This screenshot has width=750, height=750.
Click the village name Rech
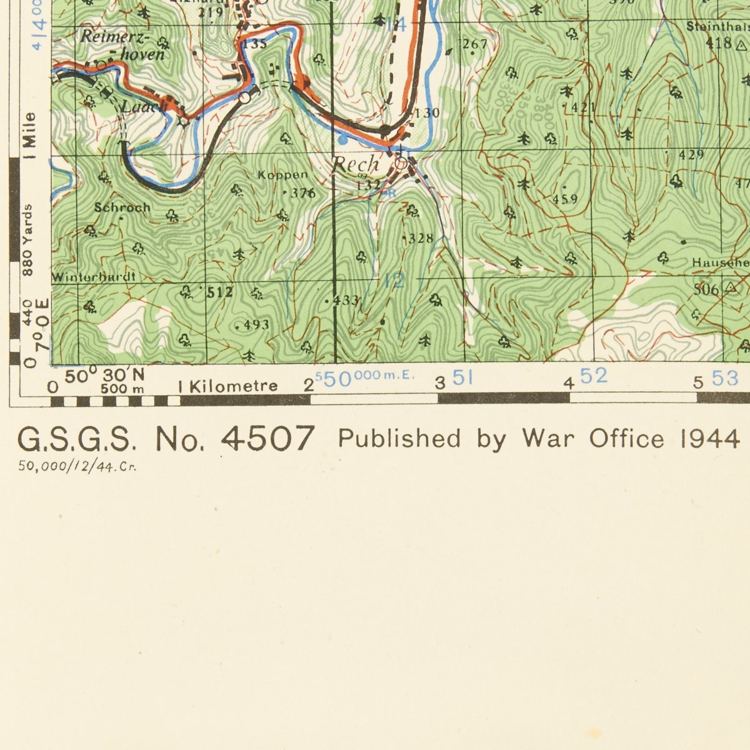click(x=355, y=164)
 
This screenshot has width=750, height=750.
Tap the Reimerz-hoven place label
click(x=123, y=45)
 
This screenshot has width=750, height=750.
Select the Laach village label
click(x=144, y=107)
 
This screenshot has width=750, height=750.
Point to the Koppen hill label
click(x=282, y=176)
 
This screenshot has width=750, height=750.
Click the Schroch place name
click(x=122, y=207)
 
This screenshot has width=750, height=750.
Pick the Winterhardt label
click(x=94, y=276)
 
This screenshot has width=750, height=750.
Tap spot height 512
click(x=220, y=291)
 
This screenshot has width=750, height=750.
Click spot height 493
click(x=256, y=324)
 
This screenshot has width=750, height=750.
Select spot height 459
click(x=565, y=199)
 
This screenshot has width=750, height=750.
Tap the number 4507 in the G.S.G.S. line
click(x=267, y=438)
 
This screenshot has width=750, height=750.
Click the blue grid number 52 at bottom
click(x=593, y=376)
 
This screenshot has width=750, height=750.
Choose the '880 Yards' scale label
click(x=28, y=239)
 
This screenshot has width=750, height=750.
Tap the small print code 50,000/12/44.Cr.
click(x=77, y=466)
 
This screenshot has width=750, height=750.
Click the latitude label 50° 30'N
click(x=105, y=376)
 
